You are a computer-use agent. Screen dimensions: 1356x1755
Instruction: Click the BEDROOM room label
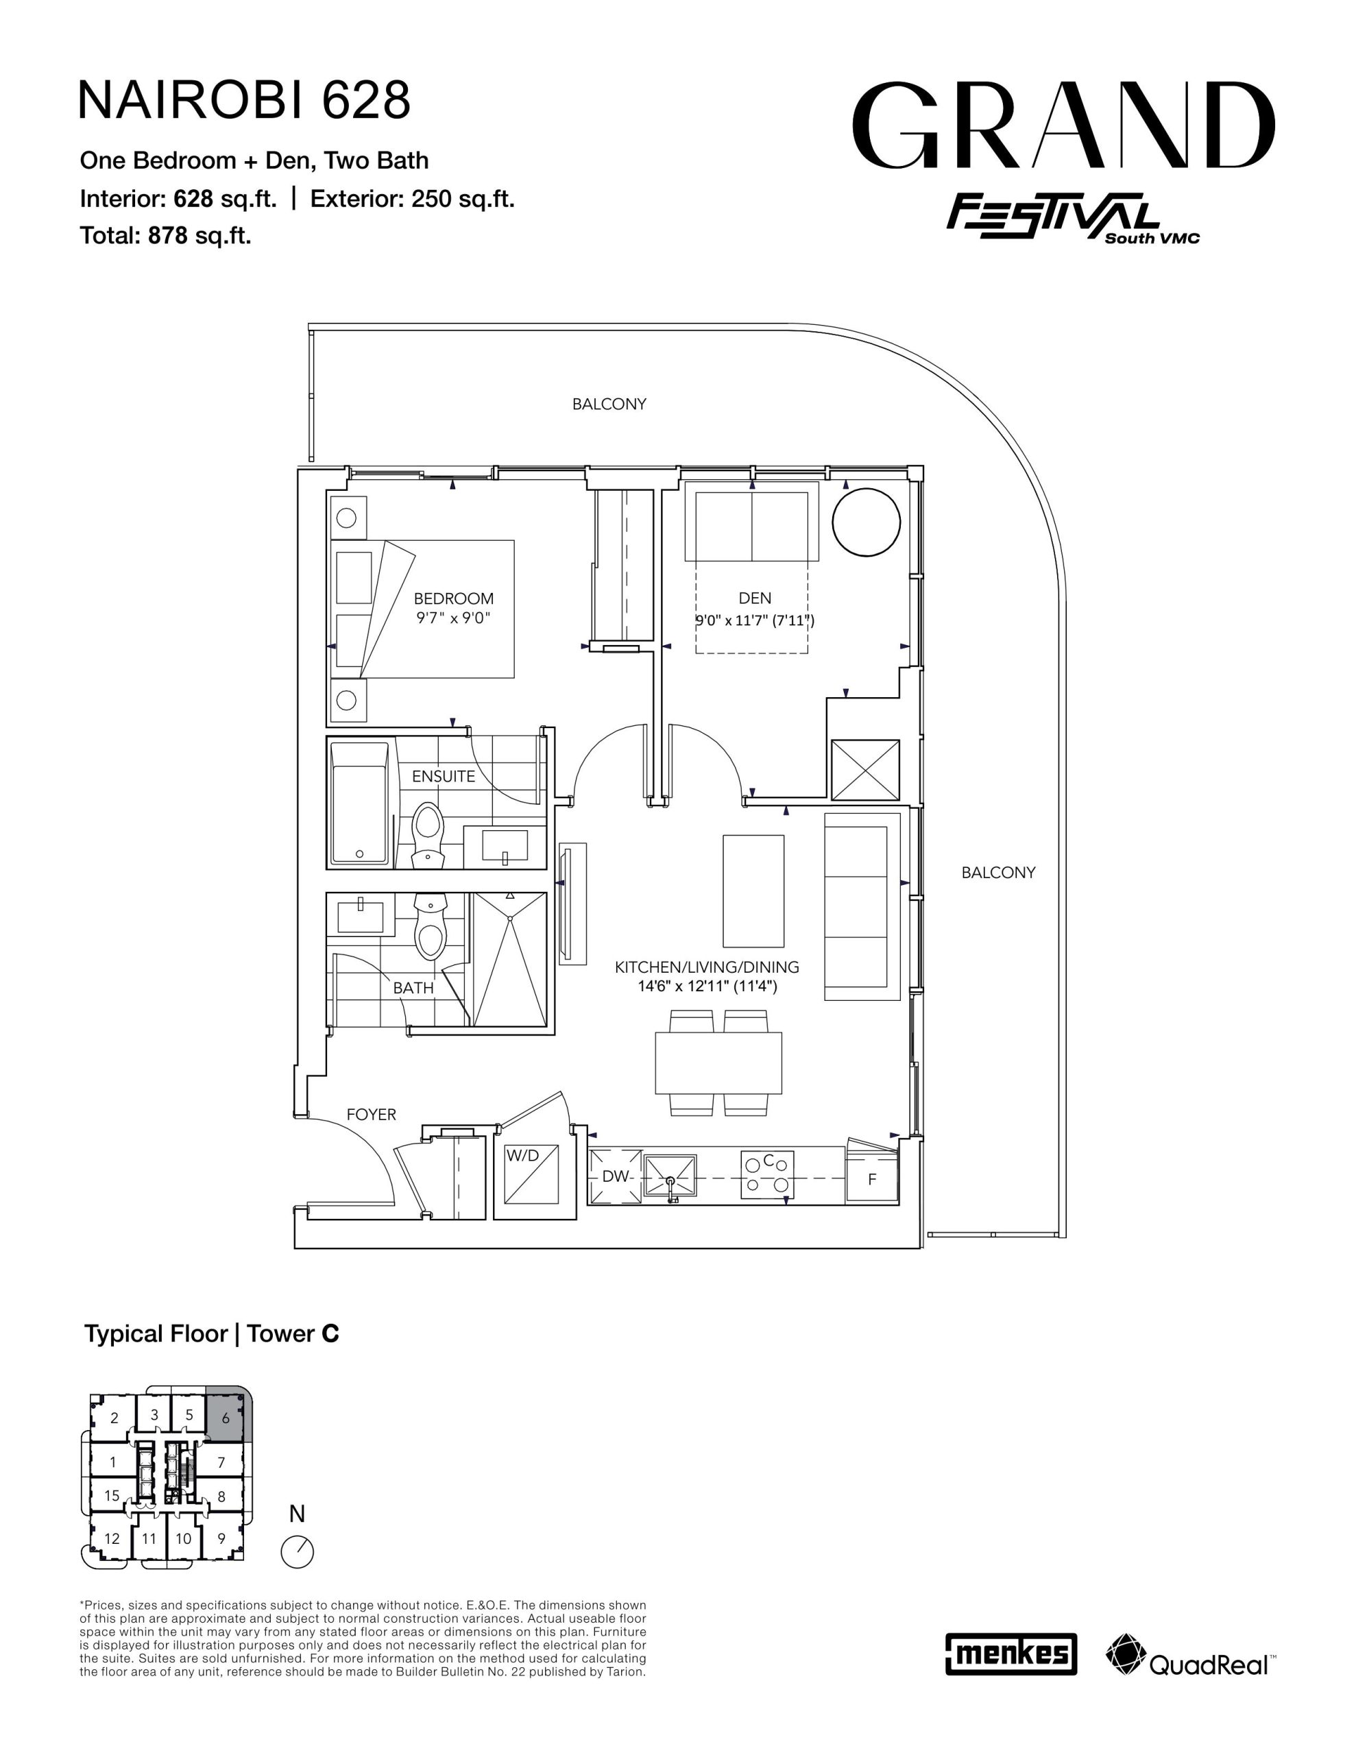pos(453,598)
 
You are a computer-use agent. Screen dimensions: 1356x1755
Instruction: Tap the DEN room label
pos(755,598)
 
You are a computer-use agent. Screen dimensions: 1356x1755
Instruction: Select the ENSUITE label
pos(443,776)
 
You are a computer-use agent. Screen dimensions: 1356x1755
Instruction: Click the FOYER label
pos(372,1115)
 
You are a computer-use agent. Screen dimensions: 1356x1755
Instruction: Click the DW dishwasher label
pos(616,1176)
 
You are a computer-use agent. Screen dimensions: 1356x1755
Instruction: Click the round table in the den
pos(866,522)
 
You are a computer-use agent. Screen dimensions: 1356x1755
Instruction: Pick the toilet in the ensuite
pos(428,836)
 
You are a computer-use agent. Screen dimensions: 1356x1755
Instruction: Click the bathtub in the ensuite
pos(360,803)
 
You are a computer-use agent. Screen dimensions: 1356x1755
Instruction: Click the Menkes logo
pos(1010,1654)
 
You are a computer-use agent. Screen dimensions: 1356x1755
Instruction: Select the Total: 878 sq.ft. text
pos(166,235)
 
